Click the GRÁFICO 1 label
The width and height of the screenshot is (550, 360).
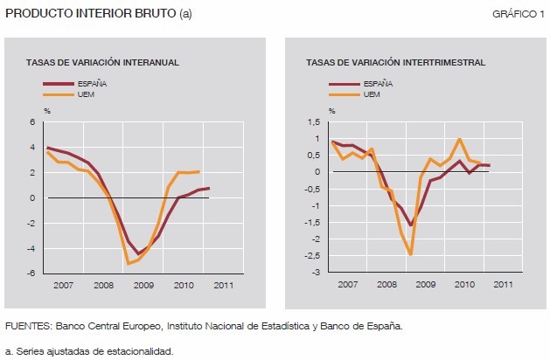pyautogui.click(x=519, y=14)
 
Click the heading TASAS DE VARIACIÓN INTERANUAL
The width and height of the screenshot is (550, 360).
pyautogui.click(x=102, y=63)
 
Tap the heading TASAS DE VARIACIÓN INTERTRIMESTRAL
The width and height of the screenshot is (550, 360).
pyautogui.click(x=395, y=63)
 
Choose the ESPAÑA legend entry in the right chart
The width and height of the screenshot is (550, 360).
pyautogui.click(x=377, y=83)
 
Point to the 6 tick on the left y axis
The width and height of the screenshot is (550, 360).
pyautogui.click(x=31, y=122)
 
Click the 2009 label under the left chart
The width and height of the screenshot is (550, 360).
pyautogui.click(x=145, y=285)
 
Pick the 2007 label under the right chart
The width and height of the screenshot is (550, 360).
pyautogui.click(x=347, y=285)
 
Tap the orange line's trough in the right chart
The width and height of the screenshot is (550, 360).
pyautogui.click(x=409, y=254)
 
